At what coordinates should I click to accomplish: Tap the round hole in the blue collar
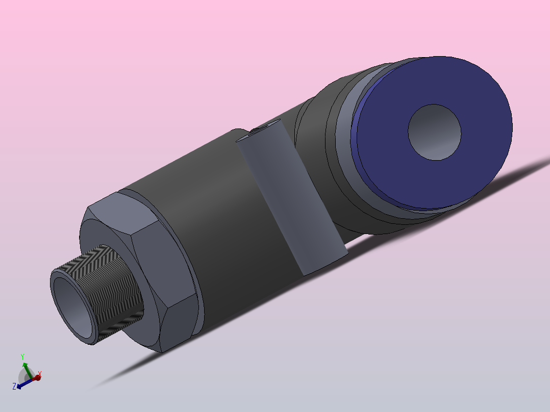[434, 132]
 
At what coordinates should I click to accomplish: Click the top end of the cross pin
[262, 130]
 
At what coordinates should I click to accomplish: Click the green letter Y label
[22, 356]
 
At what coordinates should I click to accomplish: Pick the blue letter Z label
[14, 387]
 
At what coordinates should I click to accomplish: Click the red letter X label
[40, 374]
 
